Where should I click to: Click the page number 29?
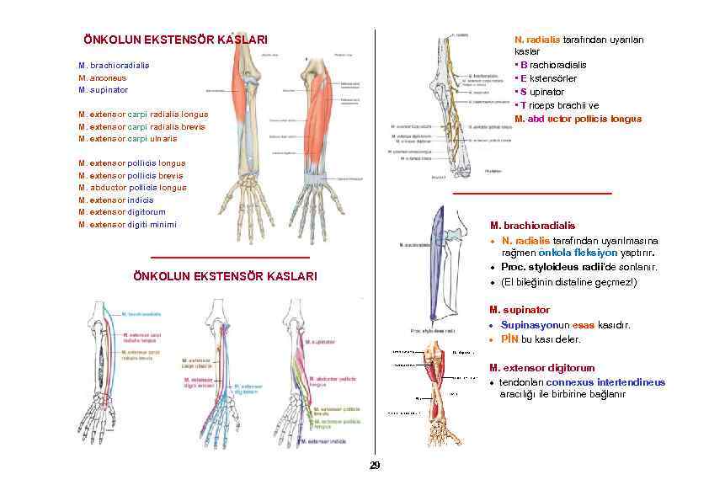tap(375, 466)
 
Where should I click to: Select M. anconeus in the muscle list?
tap(104, 77)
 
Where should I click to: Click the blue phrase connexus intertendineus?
tap(605, 382)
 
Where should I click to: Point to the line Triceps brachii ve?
tap(557, 105)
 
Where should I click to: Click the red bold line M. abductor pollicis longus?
tap(578, 119)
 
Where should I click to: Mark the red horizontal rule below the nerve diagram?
tap(532, 194)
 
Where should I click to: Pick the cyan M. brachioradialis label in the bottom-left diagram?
tap(142, 313)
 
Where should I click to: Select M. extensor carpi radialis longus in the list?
tap(143, 114)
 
